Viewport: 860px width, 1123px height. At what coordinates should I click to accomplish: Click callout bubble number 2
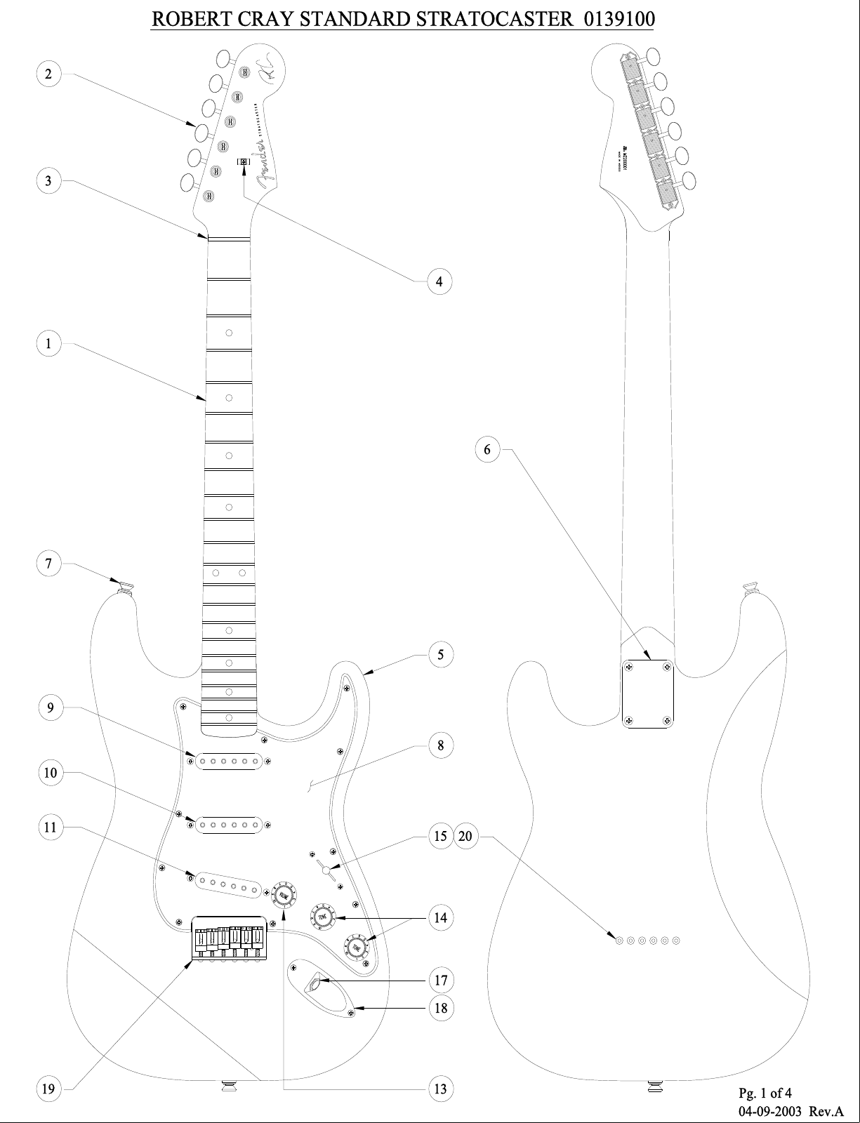pyautogui.click(x=48, y=74)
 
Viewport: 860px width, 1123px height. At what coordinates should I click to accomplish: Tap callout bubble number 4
pyautogui.click(x=439, y=281)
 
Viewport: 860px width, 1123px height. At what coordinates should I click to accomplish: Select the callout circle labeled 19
pyautogui.click(x=48, y=1089)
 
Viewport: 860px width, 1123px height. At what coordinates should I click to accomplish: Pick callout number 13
pyautogui.click(x=441, y=1089)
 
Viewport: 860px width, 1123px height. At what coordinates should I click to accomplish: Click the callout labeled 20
pyautogui.click(x=466, y=836)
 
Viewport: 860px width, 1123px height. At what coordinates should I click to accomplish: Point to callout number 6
pyautogui.click(x=488, y=449)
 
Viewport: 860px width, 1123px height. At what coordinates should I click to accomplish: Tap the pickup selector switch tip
pyautogui.click(x=326, y=871)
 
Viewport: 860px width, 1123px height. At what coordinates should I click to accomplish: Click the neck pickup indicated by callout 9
pyautogui.click(x=229, y=761)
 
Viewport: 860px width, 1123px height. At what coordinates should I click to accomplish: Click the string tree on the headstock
pyautogui.click(x=244, y=161)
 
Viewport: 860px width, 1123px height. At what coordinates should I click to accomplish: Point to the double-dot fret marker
pyautogui.click(x=229, y=573)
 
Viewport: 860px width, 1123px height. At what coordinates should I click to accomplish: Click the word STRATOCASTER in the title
pyautogui.click(x=495, y=19)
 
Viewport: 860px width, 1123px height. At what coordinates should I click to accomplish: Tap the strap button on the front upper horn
pyautogui.click(x=126, y=587)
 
